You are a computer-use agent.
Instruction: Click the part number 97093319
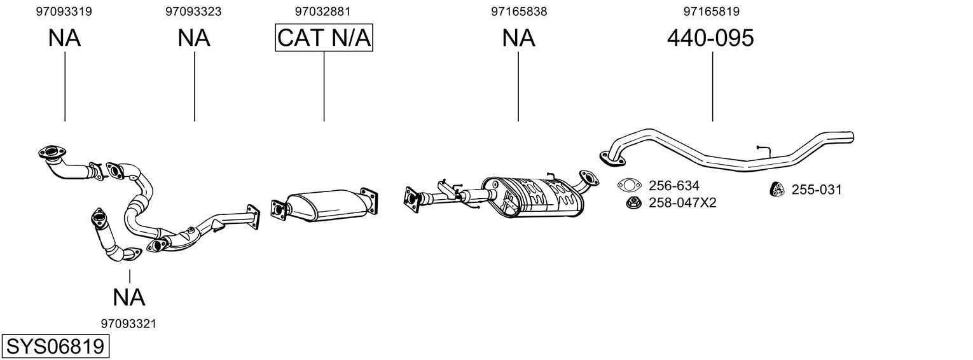(x=64, y=11)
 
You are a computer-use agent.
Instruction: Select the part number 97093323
(x=193, y=11)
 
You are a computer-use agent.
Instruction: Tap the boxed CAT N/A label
(x=324, y=38)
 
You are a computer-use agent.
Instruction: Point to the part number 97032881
(x=322, y=11)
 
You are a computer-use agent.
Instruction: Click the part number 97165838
(x=519, y=11)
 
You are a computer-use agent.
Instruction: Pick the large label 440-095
(x=710, y=38)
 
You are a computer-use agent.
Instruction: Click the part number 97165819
(x=712, y=11)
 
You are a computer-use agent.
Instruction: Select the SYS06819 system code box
(x=55, y=347)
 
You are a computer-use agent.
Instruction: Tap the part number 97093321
(x=128, y=324)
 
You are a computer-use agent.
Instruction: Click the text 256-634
(x=673, y=186)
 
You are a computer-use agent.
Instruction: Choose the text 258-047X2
(x=682, y=203)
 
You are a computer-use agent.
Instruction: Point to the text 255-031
(x=817, y=190)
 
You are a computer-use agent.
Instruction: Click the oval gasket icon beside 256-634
(x=630, y=186)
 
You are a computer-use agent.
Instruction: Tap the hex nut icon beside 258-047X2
(x=634, y=202)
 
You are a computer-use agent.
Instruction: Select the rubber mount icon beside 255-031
(x=777, y=190)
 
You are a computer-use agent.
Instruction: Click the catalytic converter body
(x=328, y=205)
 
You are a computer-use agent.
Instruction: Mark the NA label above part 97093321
(x=129, y=298)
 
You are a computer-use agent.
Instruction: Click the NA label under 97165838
(x=519, y=38)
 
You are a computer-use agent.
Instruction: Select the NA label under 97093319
(x=64, y=38)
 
